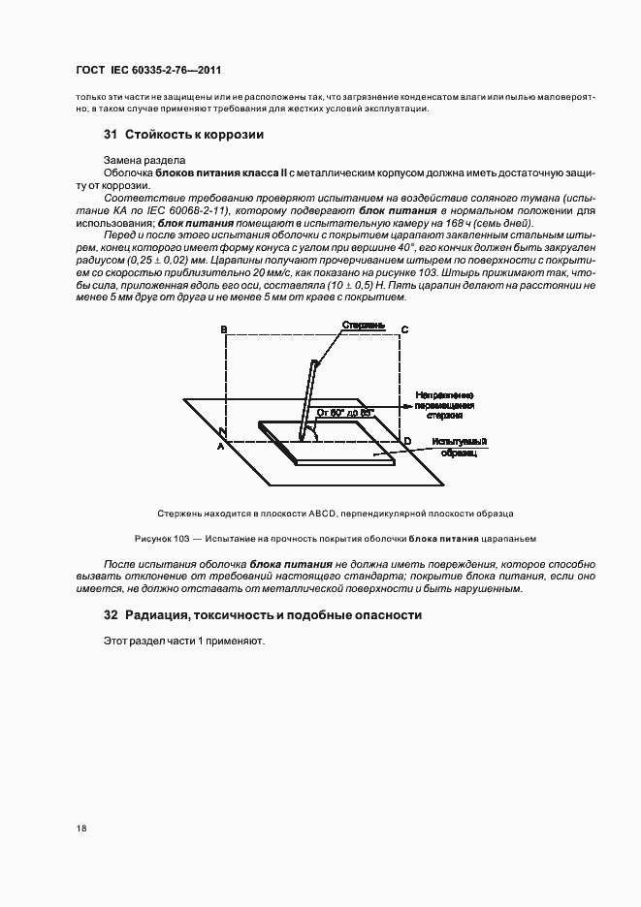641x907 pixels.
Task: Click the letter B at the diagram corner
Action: tap(225, 330)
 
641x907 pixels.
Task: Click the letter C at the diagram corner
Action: tap(404, 330)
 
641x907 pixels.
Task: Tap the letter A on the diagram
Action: tap(220, 447)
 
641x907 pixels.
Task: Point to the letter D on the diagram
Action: tap(407, 442)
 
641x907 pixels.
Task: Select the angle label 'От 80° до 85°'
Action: tap(345, 412)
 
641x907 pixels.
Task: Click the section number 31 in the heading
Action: tap(111, 135)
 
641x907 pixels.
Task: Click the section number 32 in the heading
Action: tap(111, 615)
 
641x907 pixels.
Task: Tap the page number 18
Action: tap(80, 829)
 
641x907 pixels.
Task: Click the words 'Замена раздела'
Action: tap(142, 160)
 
